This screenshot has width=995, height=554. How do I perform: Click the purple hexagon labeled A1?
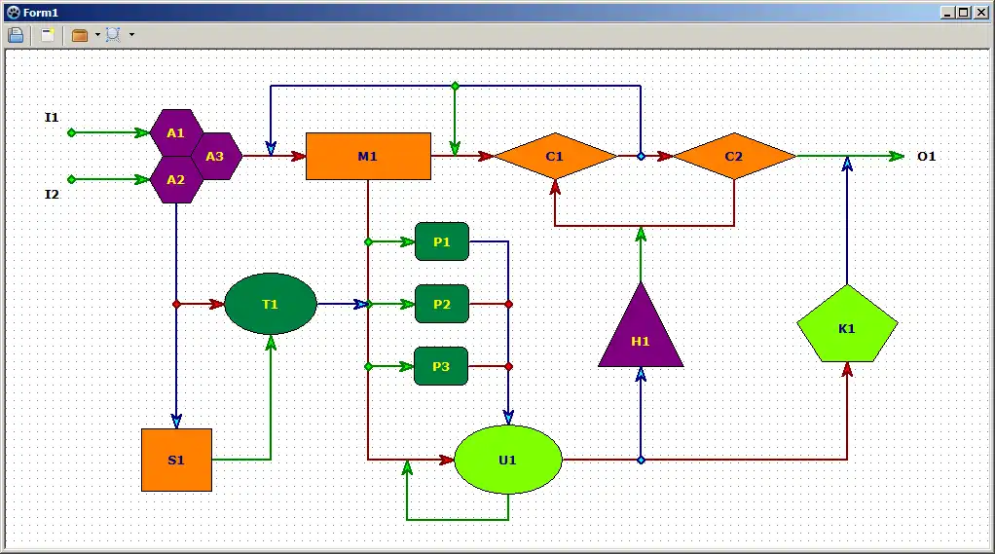[x=175, y=132]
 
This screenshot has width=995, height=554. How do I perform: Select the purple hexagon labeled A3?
[x=215, y=156]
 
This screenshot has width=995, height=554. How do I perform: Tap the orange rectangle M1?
[x=368, y=156]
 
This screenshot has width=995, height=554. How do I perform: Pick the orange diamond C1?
[x=555, y=156]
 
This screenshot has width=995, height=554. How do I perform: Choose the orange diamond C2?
[x=734, y=156]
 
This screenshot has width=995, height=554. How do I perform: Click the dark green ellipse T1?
[x=271, y=304]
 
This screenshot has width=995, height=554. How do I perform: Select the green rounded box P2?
[x=442, y=304]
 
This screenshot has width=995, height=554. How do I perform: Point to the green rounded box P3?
[x=442, y=366]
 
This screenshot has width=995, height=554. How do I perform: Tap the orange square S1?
[x=176, y=460]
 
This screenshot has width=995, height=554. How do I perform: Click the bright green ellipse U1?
[x=508, y=460]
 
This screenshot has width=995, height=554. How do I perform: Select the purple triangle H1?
[x=641, y=336]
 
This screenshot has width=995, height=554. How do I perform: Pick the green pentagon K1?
[x=847, y=327]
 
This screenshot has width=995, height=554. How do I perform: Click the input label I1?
[x=52, y=118]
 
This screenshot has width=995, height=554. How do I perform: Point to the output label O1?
[x=926, y=156]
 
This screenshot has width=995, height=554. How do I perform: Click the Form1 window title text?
[x=41, y=13]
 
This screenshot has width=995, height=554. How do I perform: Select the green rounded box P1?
[x=442, y=241]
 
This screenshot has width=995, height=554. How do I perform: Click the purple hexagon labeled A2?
[x=175, y=179]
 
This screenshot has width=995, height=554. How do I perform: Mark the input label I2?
[x=52, y=194]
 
